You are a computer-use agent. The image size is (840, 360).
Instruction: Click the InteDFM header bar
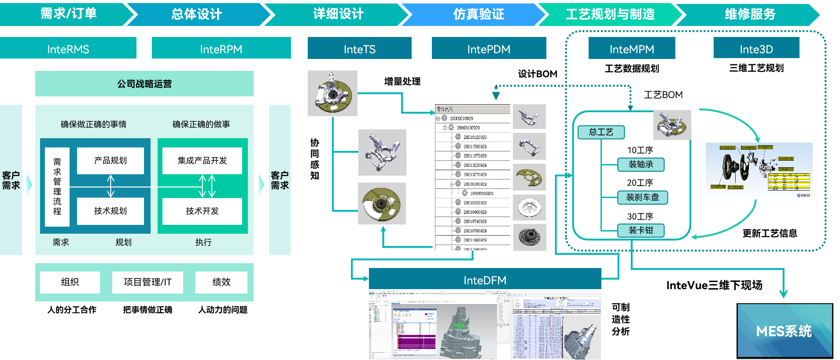click(485, 279)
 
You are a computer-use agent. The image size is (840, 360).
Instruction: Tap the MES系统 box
click(785, 331)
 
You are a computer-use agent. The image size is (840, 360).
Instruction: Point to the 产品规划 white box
click(111, 161)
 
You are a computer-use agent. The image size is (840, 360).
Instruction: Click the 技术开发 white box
click(202, 211)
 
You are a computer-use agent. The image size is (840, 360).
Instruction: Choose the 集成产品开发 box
click(202, 161)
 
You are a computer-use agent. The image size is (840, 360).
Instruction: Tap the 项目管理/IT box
click(147, 282)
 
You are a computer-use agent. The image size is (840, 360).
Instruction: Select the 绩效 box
click(221, 282)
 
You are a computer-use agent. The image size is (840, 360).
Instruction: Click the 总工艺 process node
click(601, 132)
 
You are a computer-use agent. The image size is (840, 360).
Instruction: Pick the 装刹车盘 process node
click(642, 197)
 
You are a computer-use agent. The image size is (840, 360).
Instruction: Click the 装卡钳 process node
click(641, 230)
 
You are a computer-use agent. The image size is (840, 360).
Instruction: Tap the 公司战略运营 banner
click(144, 84)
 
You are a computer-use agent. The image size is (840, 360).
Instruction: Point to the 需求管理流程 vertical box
click(57, 187)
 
